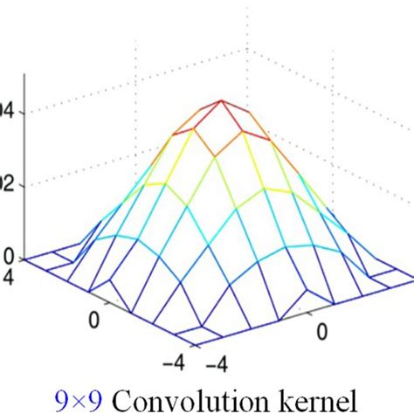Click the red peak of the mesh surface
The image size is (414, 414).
click(222, 100)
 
